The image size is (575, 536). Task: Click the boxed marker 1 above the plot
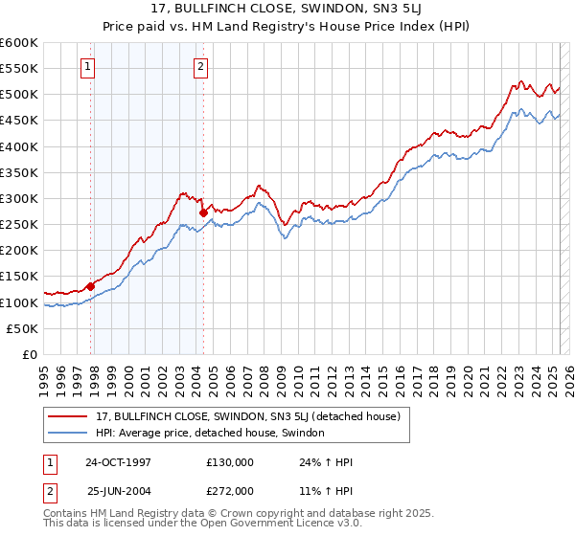[88, 67]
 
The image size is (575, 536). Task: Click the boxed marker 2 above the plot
[201, 67]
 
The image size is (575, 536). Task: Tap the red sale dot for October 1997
[91, 285]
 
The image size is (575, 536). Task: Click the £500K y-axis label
[19, 95]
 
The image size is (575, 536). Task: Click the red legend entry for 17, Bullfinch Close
[253, 416]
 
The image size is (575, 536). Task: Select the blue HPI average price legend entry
[210, 433]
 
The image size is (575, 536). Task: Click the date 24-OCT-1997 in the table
[118, 461]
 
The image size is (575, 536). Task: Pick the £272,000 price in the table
[230, 490]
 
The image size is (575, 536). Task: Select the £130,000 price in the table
[230, 461]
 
